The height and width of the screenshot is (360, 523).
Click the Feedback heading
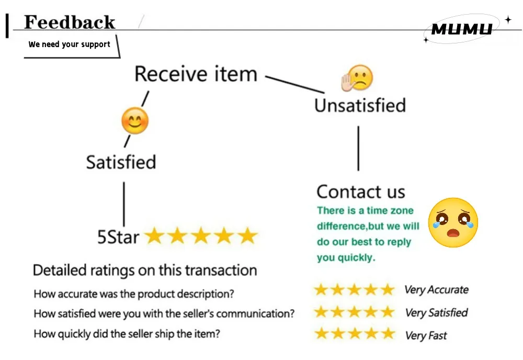[x=70, y=22]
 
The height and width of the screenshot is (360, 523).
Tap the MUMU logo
[x=462, y=29]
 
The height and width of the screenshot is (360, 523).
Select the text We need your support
[x=69, y=44]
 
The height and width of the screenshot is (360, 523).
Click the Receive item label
[x=196, y=74]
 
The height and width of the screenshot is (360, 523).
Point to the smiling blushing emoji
[x=135, y=121]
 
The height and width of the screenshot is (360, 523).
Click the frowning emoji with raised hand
[x=357, y=78]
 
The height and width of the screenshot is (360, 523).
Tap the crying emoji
[x=453, y=222]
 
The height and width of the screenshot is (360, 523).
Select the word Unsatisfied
[x=360, y=105]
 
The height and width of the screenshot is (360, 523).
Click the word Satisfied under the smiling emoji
[x=121, y=162]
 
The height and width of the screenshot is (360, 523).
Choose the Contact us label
[x=361, y=192]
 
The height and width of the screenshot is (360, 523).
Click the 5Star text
[x=118, y=237]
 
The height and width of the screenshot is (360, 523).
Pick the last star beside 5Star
[x=247, y=235]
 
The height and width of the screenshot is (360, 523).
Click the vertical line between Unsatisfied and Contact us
[x=359, y=148]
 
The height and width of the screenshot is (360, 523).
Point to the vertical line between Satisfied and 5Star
[x=124, y=204]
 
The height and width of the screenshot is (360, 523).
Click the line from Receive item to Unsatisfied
[x=295, y=84]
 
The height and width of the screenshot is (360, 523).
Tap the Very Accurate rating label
[x=436, y=289]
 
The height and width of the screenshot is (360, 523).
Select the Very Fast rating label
[x=426, y=335]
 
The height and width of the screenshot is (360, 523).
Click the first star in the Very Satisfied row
[x=321, y=312]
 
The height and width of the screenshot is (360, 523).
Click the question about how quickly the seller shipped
[x=127, y=334]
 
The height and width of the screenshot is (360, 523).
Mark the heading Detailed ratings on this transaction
[x=145, y=270]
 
